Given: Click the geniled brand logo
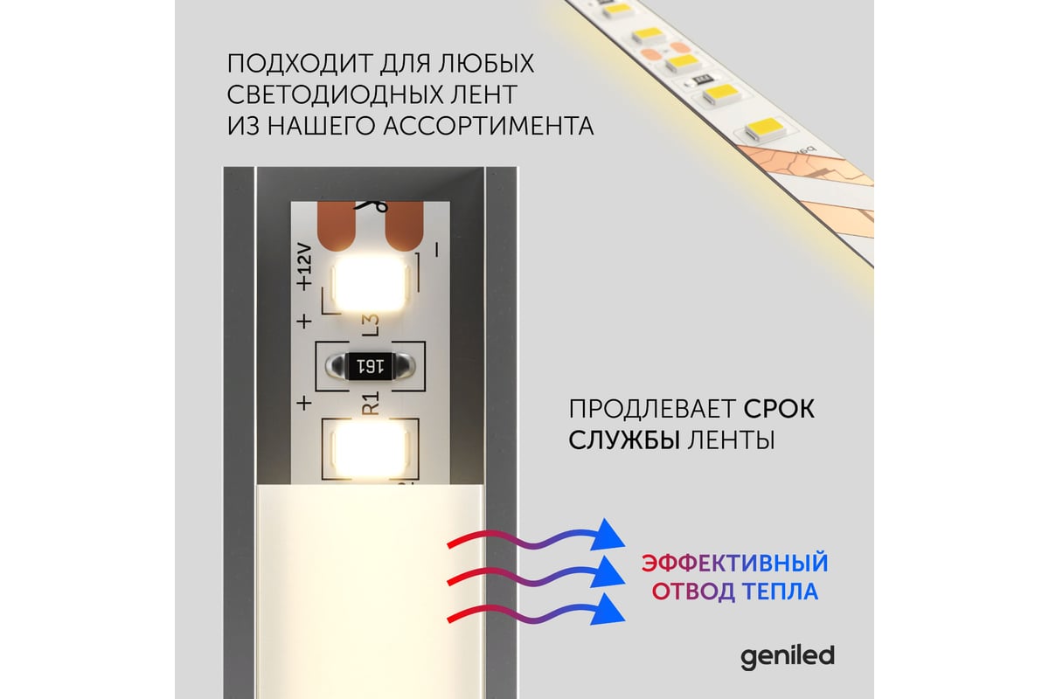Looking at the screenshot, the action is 788,657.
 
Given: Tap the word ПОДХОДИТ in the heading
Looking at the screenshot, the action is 300,64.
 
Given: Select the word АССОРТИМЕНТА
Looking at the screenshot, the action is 489,126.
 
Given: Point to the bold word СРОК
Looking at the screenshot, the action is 779,409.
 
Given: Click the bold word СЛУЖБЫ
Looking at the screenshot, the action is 624,440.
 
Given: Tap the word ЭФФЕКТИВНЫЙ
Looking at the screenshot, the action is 735,563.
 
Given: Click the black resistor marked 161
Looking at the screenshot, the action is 370,366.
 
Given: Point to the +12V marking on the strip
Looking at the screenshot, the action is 304,266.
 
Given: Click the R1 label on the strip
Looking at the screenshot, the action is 371,404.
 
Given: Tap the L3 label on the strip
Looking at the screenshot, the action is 371,325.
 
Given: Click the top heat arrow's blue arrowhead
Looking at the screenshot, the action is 608,535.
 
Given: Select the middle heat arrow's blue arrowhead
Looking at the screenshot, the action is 608,572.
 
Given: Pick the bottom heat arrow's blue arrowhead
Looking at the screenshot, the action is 608,610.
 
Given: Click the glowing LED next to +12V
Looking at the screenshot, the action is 370,285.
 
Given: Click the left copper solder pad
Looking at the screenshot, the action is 337,225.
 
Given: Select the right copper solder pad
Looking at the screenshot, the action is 404,226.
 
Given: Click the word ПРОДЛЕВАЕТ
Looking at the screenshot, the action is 652,410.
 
